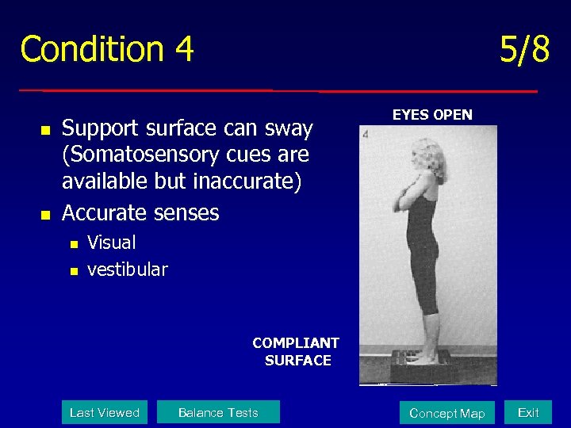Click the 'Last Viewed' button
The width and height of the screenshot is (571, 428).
[105, 412]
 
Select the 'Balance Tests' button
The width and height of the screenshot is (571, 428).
[218, 412]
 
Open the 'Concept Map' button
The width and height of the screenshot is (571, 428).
[446, 413]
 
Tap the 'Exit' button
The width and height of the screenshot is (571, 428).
[528, 412]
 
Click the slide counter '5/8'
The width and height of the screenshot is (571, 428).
[524, 50]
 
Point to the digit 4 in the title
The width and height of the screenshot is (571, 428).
[184, 49]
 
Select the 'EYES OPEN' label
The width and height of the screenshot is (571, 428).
[432, 115]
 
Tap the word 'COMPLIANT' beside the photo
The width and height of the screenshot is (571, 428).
[296, 343]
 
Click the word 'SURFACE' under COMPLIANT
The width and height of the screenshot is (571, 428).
[298, 361]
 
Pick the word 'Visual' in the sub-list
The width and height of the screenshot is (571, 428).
[112, 243]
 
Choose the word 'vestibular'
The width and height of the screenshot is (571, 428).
[128, 269]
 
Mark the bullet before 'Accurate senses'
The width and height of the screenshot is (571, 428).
[45, 215]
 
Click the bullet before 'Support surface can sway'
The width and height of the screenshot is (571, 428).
[45, 129]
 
